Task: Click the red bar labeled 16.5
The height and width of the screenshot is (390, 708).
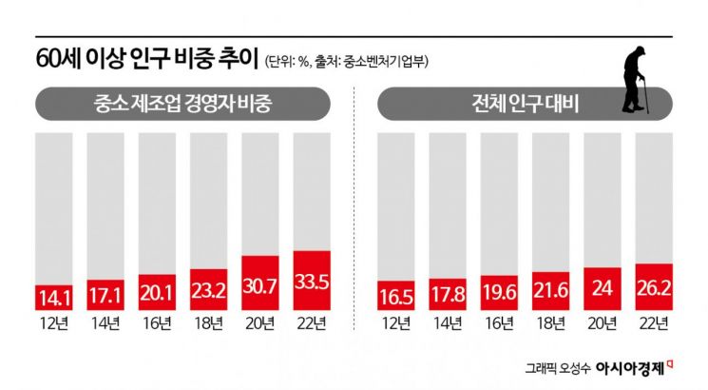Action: pyautogui.click(x=397, y=296)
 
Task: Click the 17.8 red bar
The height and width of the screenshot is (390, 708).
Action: pyautogui.click(x=449, y=295)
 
